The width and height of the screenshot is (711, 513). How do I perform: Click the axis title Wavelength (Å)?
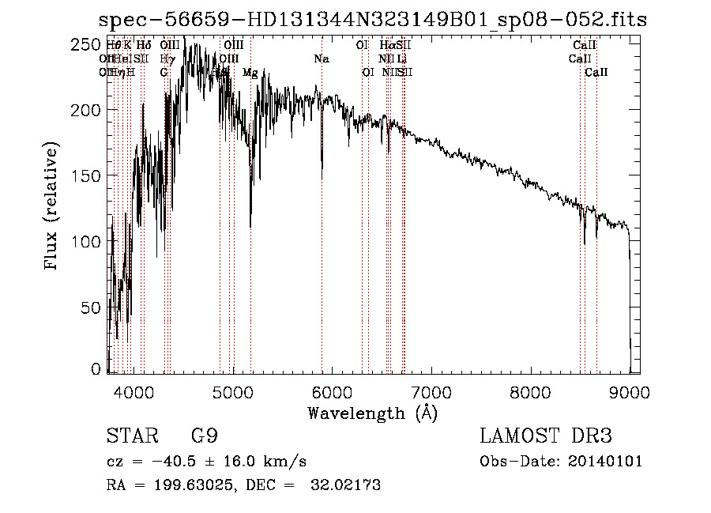(x=372, y=413)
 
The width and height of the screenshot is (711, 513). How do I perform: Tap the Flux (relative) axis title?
(x=53, y=207)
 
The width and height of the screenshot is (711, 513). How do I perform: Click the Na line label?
(x=322, y=58)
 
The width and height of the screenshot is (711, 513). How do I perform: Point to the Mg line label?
(x=250, y=72)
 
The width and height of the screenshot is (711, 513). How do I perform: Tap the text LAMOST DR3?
(x=546, y=436)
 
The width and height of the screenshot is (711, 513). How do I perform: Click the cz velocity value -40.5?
(x=167, y=461)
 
